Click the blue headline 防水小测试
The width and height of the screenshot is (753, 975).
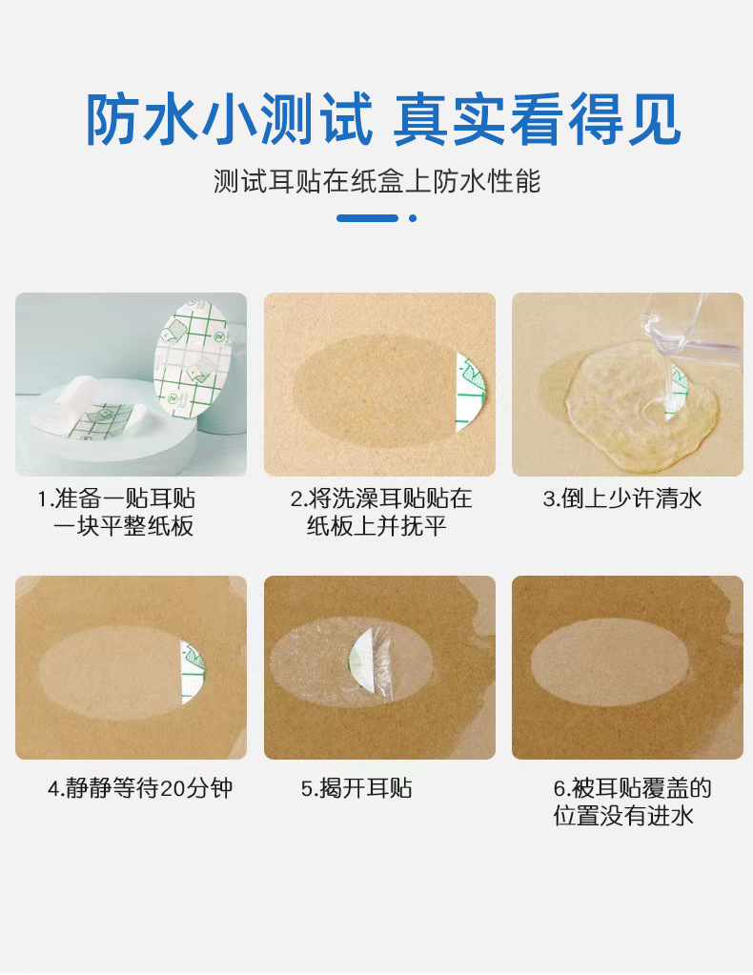pyautogui.click(x=229, y=119)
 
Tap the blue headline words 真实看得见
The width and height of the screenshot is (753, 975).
pyautogui.click(x=538, y=119)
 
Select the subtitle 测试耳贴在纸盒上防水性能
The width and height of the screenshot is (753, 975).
pyautogui.click(x=376, y=181)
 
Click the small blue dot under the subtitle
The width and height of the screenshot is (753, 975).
pyautogui.click(x=413, y=218)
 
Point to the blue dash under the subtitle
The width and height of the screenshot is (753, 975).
pyautogui.click(x=367, y=218)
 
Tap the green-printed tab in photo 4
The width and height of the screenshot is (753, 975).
pyautogui.click(x=193, y=674)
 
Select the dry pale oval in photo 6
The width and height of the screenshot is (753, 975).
pyautogui.click(x=611, y=670)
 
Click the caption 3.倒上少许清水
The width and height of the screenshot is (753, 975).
pyautogui.click(x=622, y=498)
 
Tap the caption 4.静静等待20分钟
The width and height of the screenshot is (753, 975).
pyautogui.click(x=140, y=788)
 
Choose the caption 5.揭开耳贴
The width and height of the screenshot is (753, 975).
pyautogui.click(x=356, y=788)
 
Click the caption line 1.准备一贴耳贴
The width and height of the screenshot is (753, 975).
pyautogui.click(x=116, y=498)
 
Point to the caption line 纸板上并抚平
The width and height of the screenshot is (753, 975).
pyautogui.click(x=376, y=526)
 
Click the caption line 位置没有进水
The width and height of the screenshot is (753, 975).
pyautogui.click(x=623, y=816)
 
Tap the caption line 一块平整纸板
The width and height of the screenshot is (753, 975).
pyautogui.click(x=123, y=526)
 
